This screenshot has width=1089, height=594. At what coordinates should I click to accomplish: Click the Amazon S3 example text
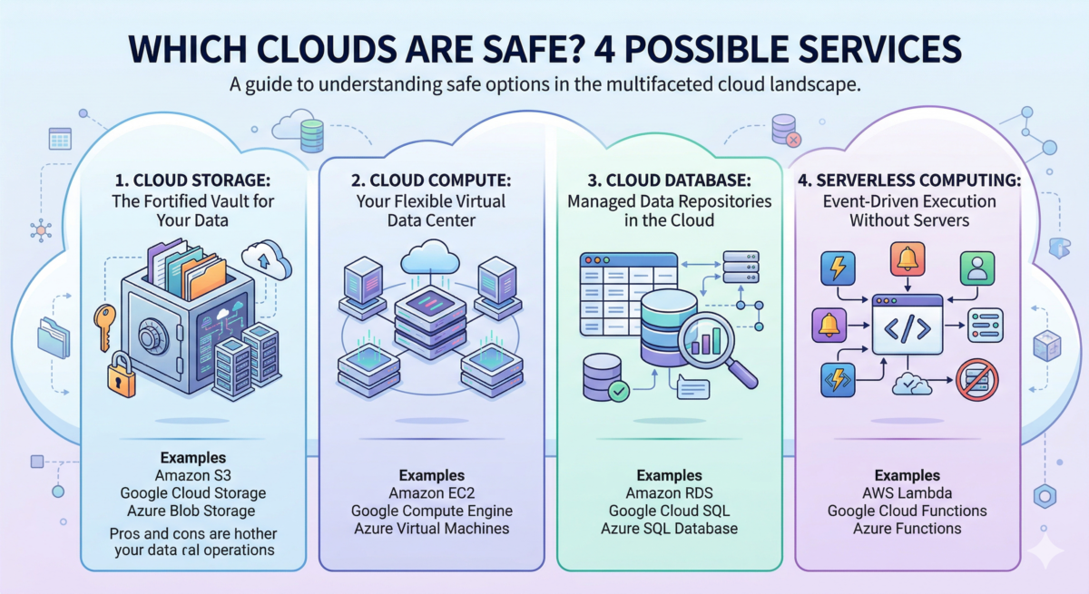[192, 475]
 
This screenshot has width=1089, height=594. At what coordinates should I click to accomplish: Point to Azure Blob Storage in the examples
[192, 511]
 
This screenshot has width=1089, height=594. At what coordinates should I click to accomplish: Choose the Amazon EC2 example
[432, 493]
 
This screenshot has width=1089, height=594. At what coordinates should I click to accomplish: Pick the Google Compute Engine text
[432, 511]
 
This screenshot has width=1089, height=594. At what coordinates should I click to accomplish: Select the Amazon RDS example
[669, 493]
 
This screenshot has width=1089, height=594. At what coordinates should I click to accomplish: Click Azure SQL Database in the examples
[669, 529]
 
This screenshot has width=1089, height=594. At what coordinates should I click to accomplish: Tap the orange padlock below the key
[121, 373]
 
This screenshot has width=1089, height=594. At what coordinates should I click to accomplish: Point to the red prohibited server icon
[977, 379]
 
